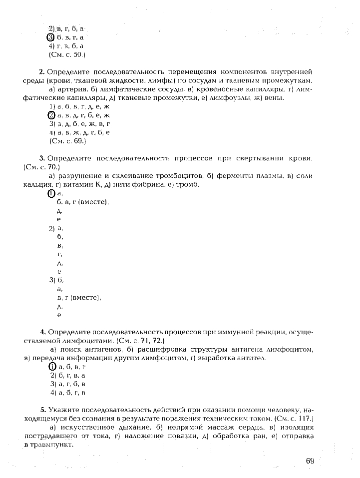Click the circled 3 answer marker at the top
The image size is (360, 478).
(50, 37)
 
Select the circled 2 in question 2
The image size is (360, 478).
(50, 115)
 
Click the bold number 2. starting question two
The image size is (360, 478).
(42, 72)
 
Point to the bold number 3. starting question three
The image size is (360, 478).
(42, 158)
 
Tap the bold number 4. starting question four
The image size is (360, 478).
(43, 331)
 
